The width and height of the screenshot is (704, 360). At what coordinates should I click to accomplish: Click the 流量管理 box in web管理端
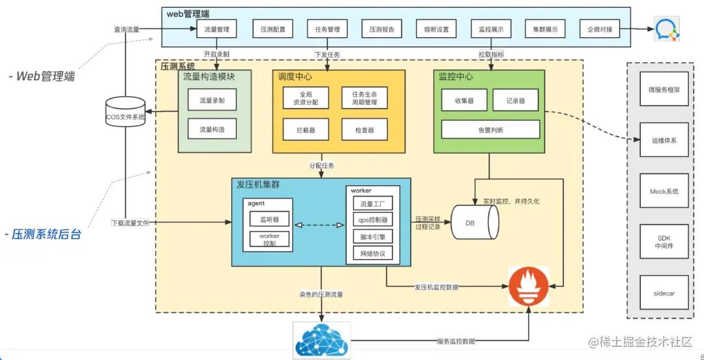pyautogui.click(x=216, y=29)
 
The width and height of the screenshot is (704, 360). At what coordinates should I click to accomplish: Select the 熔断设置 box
pyautogui.click(x=436, y=29)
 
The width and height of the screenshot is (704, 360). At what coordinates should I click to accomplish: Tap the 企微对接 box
pyautogui.click(x=599, y=29)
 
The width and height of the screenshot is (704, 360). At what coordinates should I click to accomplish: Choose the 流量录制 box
pyautogui.click(x=211, y=100)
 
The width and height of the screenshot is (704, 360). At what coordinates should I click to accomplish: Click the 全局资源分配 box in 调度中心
pyautogui.click(x=305, y=98)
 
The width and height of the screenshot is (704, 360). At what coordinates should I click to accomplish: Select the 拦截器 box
pyautogui.click(x=305, y=130)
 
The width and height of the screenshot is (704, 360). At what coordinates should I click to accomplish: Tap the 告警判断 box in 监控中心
pyautogui.click(x=490, y=129)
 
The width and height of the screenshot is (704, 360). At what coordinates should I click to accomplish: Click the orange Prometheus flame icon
pyautogui.click(x=529, y=285)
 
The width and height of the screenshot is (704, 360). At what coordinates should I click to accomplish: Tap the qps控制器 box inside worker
pyautogui.click(x=372, y=220)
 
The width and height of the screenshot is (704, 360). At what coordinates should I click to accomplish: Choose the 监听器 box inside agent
pyautogui.click(x=269, y=220)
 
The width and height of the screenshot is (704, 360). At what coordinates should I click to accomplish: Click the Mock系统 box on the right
pyautogui.click(x=664, y=192)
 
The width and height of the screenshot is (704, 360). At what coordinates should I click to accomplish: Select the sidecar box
pyautogui.click(x=664, y=293)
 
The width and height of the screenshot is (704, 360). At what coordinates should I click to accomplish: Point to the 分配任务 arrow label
pyautogui.click(x=321, y=166)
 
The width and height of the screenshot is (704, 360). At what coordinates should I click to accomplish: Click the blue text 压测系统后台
pyautogui.click(x=46, y=234)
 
